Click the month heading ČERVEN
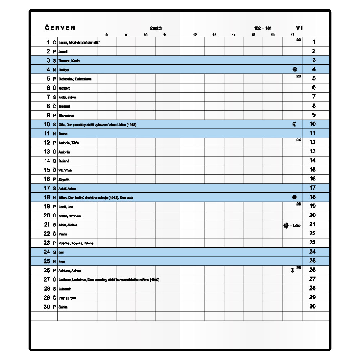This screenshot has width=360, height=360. [x=60, y=28]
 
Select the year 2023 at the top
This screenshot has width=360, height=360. [x=156, y=28]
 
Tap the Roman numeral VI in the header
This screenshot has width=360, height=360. [x=299, y=28]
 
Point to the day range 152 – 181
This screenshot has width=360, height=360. [x=262, y=28]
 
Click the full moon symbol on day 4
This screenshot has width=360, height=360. [x=295, y=69]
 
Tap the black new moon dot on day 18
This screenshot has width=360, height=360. [x=294, y=197]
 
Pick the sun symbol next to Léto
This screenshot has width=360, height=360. [x=286, y=225]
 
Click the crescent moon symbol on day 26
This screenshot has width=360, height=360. [x=292, y=270]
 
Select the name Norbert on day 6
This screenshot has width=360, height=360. [x=64, y=88]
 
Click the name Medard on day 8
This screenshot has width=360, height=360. [x=64, y=107]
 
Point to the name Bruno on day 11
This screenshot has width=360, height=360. [x=63, y=134]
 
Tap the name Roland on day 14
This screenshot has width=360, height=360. [x=64, y=161]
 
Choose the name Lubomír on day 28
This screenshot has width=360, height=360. [x=65, y=289]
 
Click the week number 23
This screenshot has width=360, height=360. [x=298, y=76]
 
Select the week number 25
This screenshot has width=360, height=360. [x=298, y=204]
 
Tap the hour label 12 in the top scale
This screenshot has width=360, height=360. [x=195, y=35]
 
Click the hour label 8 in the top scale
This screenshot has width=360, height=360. [x=106, y=35]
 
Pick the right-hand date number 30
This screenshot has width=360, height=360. [x=312, y=306]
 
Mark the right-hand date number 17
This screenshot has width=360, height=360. [x=312, y=188]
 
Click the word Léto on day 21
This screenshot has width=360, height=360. [x=296, y=225]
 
